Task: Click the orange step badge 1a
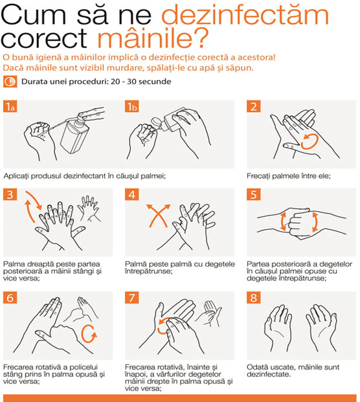tap(10, 106)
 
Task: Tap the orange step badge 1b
tap(132, 106)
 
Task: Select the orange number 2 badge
tap(254, 106)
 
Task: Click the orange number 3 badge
tap(10, 194)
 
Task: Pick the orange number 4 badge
tap(132, 194)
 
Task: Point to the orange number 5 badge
tap(254, 194)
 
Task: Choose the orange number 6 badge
tap(10, 297)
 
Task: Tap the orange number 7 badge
tap(132, 297)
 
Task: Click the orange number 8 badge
tap(254, 297)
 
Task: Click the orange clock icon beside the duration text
tap(10, 82)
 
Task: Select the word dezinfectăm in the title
tap(245, 15)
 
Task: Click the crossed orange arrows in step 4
tap(158, 216)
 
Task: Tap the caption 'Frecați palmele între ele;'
tap(289, 176)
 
